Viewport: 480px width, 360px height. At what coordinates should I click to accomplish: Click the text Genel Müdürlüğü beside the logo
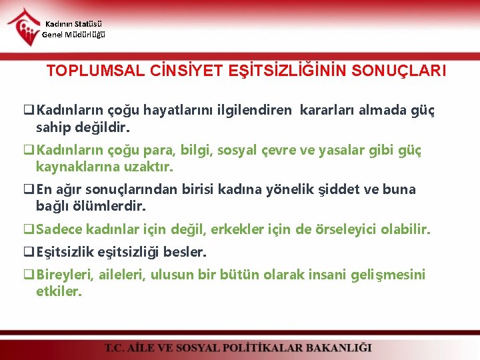tap(73, 35)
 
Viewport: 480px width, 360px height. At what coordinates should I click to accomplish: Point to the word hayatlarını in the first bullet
tap(169, 110)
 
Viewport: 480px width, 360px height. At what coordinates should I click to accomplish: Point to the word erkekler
tap(238, 229)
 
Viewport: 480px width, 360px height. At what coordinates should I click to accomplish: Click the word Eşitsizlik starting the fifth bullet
tap(65, 252)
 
